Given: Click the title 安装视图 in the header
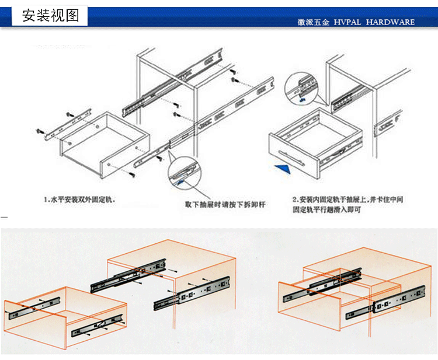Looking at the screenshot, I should [50, 16].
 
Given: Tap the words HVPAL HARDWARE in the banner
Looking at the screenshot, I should [374, 22].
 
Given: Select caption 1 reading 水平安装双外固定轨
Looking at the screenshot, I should [79, 200].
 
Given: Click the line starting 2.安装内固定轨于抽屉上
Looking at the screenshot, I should [347, 200].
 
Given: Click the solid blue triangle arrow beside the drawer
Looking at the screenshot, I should [284, 169].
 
